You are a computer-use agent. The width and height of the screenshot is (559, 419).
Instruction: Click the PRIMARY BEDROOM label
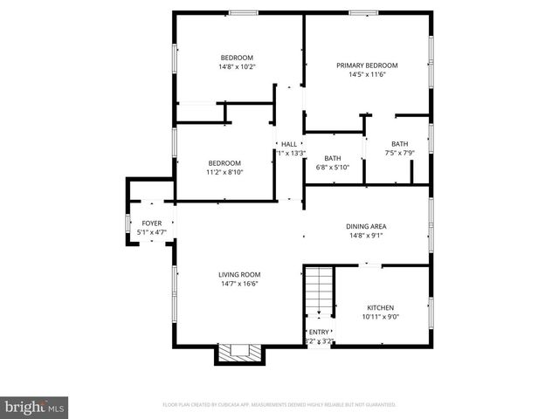point(367,65)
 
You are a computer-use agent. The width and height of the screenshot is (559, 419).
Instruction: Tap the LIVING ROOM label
point(239,274)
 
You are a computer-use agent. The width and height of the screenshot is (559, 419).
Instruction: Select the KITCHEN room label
point(380,308)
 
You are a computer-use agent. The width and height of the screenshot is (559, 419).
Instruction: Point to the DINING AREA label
point(367,226)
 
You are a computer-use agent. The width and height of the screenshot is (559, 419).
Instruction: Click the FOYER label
point(151,224)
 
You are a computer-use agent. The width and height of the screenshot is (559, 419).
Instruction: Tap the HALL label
point(288,144)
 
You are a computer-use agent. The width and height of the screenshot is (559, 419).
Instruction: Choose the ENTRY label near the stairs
point(319,332)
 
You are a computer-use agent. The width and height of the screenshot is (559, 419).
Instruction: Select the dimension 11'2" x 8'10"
point(224,172)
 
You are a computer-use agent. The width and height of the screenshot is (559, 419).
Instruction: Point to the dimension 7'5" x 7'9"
point(399,154)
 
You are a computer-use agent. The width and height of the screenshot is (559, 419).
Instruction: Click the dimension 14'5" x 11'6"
point(367,75)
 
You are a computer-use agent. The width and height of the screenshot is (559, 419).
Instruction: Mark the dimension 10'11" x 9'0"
point(380,318)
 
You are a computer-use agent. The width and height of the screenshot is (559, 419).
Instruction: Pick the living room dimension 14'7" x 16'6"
point(239,284)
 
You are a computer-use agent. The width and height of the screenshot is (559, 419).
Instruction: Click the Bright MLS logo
point(35,407)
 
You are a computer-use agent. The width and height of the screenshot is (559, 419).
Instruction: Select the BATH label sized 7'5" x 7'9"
point(399,144)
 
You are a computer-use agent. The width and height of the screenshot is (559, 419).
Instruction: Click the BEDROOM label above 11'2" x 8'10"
point(224,162)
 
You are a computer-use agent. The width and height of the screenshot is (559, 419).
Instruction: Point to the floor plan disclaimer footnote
point(279,405)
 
